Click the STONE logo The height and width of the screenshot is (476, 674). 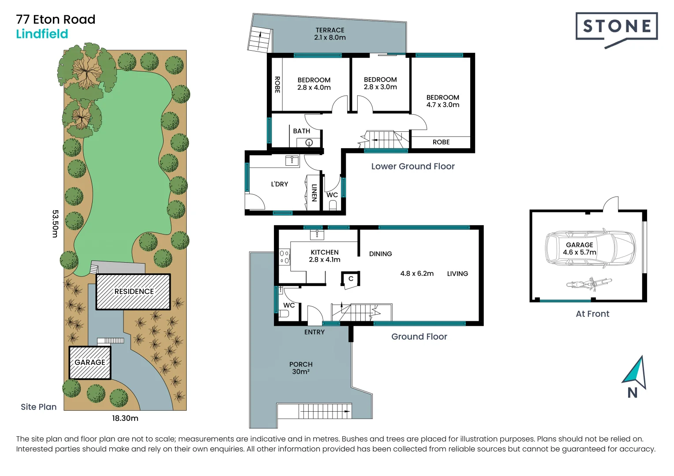click(x=616, y=27)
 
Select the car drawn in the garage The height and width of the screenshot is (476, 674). click(x=590, y=249)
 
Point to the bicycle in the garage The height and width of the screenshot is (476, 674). click(x=589, y=283)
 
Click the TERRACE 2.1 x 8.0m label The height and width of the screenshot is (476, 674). click(x=330, y=34)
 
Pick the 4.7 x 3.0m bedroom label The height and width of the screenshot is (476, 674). click(x=442, y=101)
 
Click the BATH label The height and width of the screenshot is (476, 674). click(x=301, y=131)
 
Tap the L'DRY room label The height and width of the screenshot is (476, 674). click(x=279, y=184)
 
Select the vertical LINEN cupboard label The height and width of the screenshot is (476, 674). click(x=314, y=193)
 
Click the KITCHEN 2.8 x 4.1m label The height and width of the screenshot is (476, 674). click(x=325, y=256)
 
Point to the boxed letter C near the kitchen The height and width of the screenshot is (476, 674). click(x=351, y=279)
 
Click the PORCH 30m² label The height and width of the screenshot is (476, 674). click(x=301, y=368)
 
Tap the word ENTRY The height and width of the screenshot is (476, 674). click(x=314, y=332)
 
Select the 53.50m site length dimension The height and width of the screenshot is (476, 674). click(x=55, y=223)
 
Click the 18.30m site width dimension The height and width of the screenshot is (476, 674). click(x=125, y=418)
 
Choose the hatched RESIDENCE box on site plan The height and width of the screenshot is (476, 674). click(x=133, y=292)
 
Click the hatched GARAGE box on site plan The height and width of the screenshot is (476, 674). click(x=90, y=362)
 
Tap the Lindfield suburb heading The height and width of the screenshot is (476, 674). click(x=42, y=34)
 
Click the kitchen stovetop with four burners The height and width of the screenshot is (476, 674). click(x=285, y=257)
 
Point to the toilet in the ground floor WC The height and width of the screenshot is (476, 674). click(x=284, y=313)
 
